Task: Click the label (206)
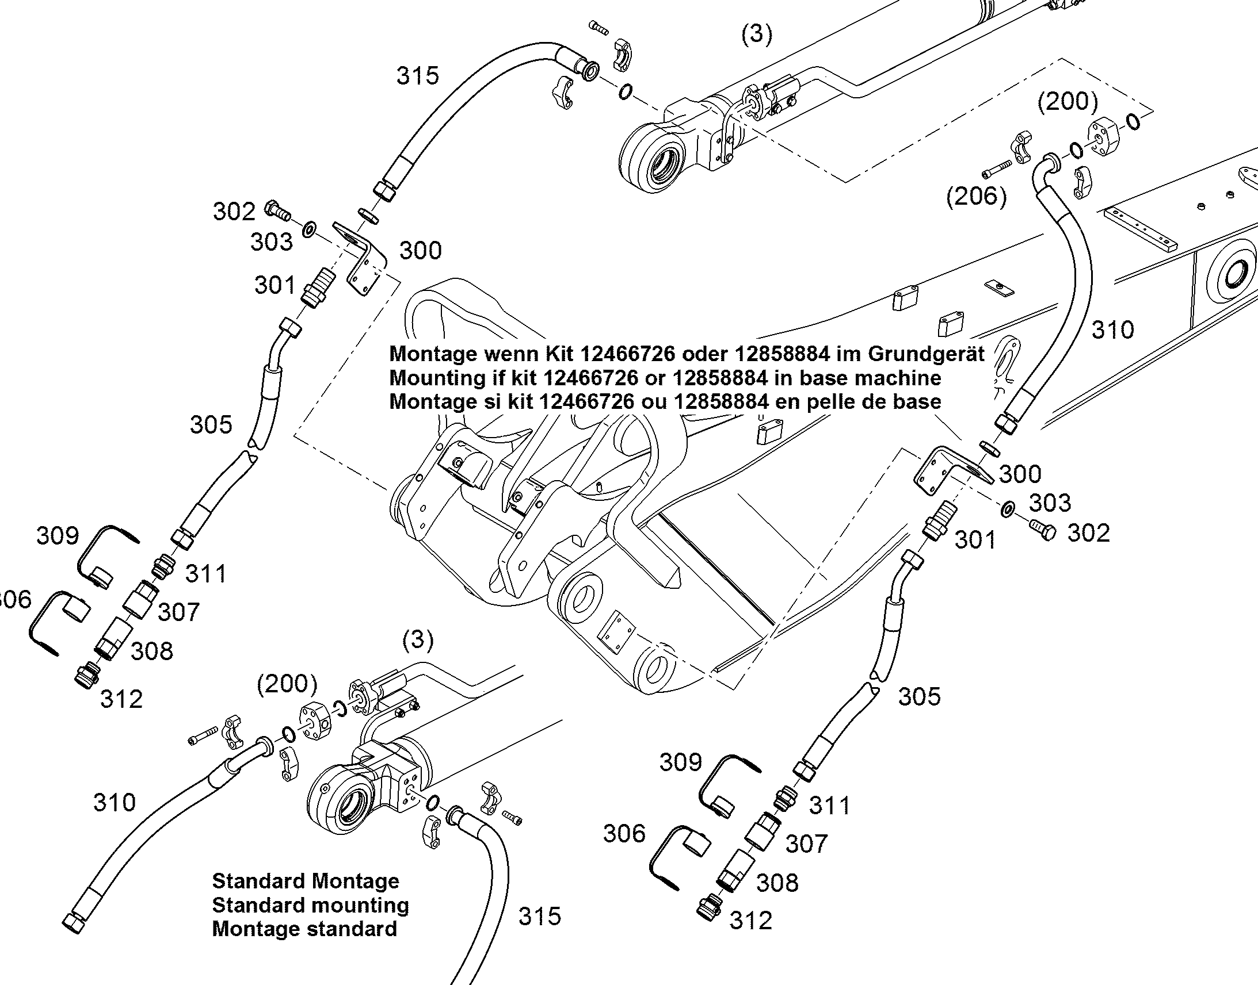(x=977, y=197)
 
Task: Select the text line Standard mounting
(x=310, y=906)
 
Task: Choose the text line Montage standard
(x=304, y=929)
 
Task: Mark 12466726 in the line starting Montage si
(x=589, y=401)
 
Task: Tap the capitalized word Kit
(x=557, y=353)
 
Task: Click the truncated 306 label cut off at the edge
(x=15, y=600)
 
